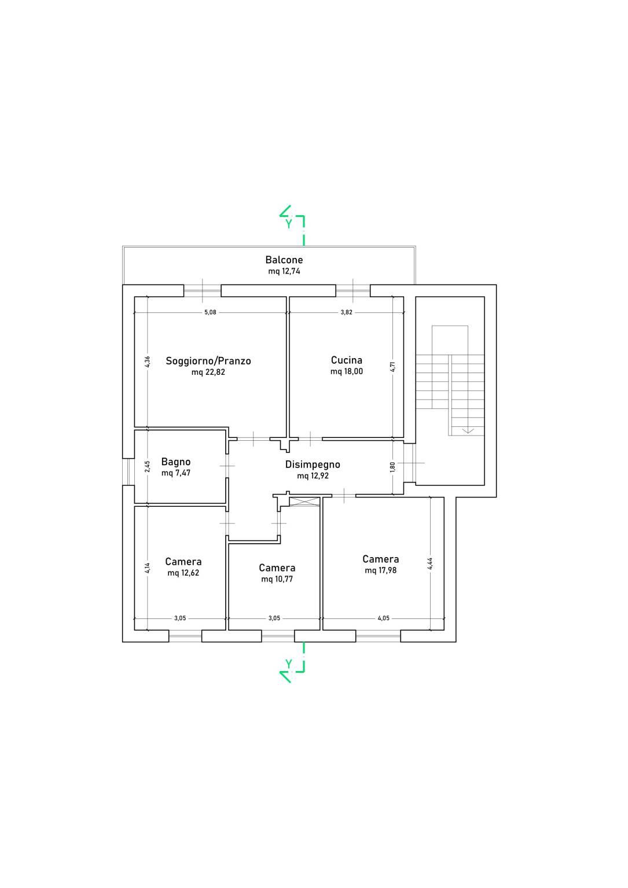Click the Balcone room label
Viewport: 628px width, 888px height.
[x=284, y=260]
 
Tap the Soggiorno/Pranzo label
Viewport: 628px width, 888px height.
[x=208, y=361]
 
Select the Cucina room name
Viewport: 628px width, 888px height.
[x=347, y=360]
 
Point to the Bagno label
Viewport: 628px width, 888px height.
[x=176, y=462]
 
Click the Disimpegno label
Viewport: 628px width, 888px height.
[x=313, y=465]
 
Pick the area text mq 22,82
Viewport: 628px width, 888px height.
[x=208, y=372]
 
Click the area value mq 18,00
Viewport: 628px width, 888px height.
[x=347, y=371]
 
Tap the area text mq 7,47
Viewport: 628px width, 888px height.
[x=176, y=473]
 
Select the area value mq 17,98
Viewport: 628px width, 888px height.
[x=381, y=570]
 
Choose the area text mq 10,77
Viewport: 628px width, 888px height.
[x=277, y=579]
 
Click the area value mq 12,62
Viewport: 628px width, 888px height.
[x=183, y=573]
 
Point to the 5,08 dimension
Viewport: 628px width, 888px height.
[x=210, y=312]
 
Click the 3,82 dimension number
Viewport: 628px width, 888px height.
[x=346, y=312]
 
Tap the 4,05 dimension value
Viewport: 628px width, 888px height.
[x=384, y=618]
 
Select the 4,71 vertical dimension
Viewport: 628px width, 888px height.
[x=393, y=367]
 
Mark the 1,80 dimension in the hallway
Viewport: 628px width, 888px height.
[x=393, y=467]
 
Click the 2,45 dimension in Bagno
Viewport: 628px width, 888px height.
[x=147, y=466]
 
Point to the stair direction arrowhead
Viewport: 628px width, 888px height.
[x=468, y=430]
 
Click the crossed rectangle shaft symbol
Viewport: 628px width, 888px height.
[x=304, y=502]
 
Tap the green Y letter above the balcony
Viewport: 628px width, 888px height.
[x=289, y=223]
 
